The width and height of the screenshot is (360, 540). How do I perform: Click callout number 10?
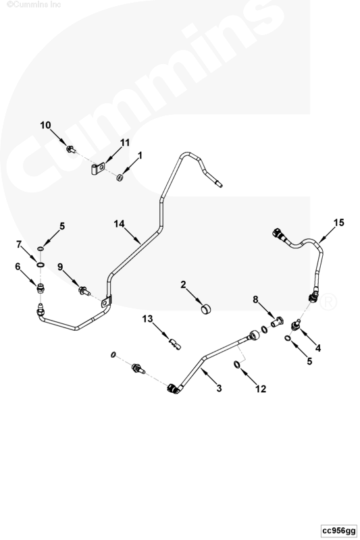point(45,126)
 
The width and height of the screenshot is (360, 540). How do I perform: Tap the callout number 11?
point(124,142)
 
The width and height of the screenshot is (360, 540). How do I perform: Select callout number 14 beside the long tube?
point(119,224)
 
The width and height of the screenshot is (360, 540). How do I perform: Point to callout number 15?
point(338,223)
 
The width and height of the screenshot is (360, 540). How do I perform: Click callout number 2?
point(183,284)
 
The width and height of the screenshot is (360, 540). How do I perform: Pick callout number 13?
point(147,319)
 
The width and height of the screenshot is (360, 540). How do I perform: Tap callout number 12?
point(261,389)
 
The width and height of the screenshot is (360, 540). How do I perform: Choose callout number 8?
point(255,300)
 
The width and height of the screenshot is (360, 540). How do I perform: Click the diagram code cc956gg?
point(339,531)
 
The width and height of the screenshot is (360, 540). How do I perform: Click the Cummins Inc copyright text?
point(34,4)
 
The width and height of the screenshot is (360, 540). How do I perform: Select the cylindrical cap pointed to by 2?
point(206,309)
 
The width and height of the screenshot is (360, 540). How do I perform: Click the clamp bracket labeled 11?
point(98,169)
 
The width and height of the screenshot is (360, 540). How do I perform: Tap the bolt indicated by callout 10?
point(71,149)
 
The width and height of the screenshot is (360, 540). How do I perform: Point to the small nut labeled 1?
point(120,178)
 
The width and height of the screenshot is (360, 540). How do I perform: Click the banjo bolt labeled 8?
point(277,323)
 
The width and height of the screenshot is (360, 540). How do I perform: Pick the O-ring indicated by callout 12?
point(237,364)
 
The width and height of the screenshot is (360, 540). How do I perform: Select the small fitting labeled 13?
point(175,344)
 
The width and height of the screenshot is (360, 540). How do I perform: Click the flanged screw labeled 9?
point(84,292)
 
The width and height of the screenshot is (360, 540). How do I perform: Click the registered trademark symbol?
point(328,302)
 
